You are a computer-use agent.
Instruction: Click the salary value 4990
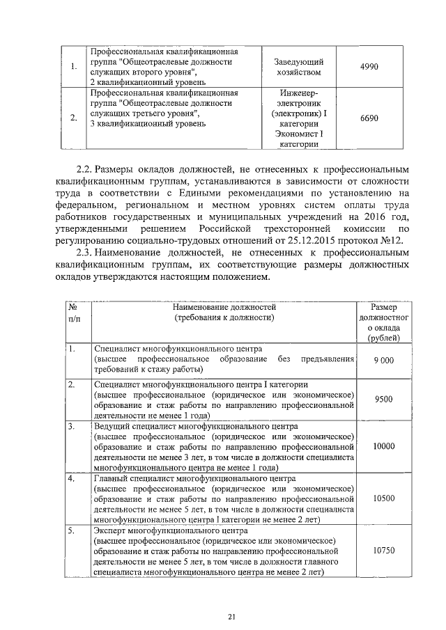(x=368, y=66)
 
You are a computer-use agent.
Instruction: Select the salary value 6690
(x=368, y=118)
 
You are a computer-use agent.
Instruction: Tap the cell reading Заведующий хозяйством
(x=298, y=67)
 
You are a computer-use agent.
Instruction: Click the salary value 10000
(x=383, y=446)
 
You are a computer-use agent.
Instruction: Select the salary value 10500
(x=383, y=499)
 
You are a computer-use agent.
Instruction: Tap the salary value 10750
(x=383, y=550)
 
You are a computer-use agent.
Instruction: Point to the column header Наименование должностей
(x=225, y=306)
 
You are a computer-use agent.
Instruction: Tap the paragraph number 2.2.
(x=84, y=169)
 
